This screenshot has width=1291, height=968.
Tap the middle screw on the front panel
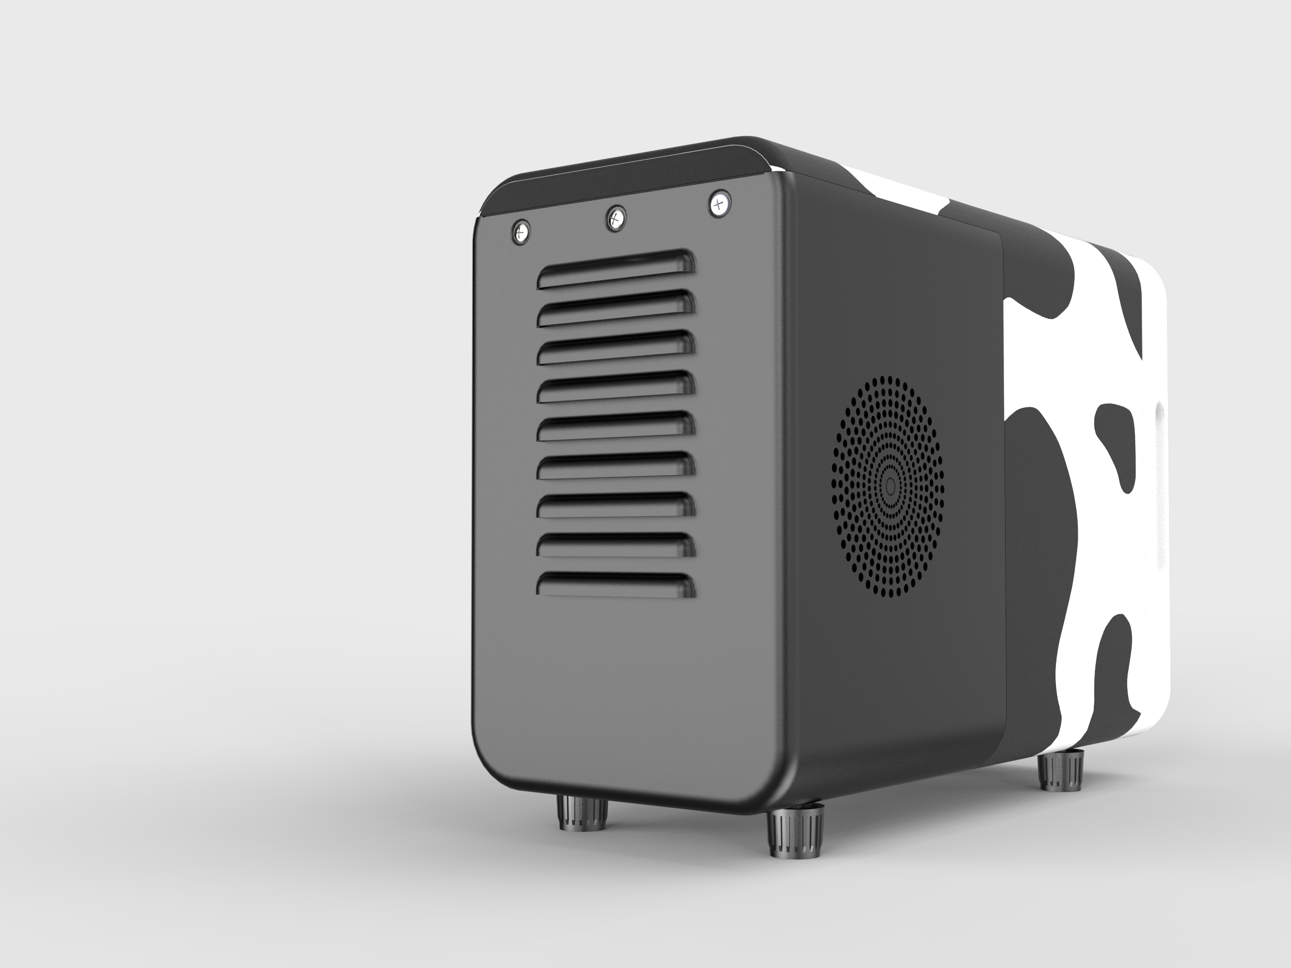tap(615, 219)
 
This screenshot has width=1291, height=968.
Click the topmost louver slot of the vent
tap(616, 270)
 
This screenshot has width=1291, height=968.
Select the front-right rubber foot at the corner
tap(795, 835)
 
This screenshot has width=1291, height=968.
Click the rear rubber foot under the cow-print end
tap(1061, 770)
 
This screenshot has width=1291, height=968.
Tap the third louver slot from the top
tap(616, 348)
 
